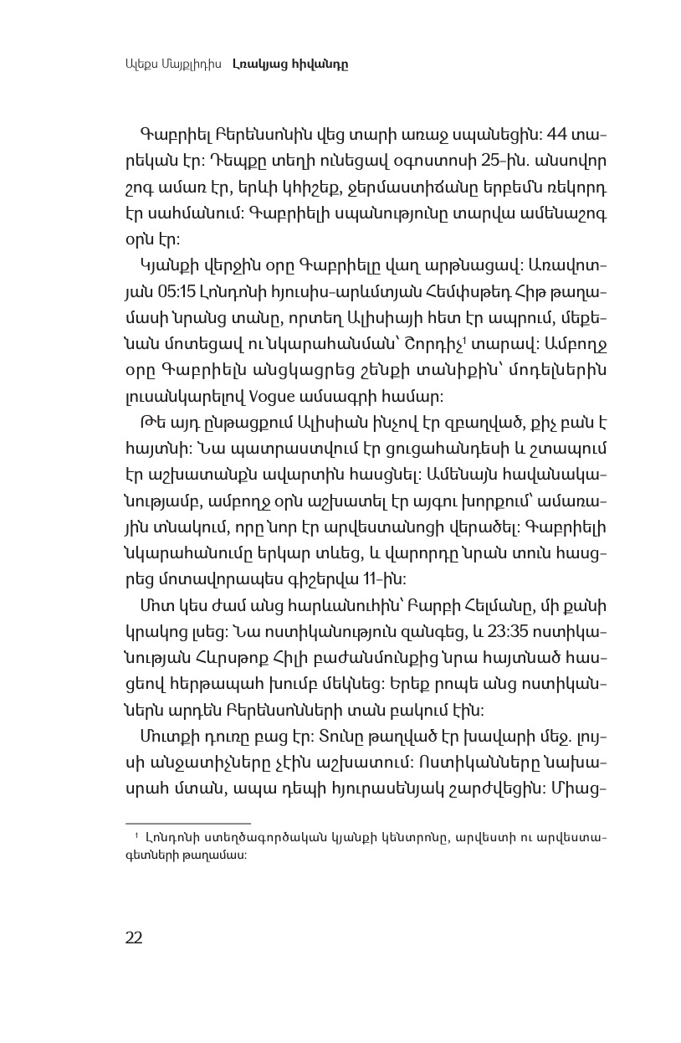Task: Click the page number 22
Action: tap(134, 938)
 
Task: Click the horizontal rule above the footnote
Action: tap(188, 824)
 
